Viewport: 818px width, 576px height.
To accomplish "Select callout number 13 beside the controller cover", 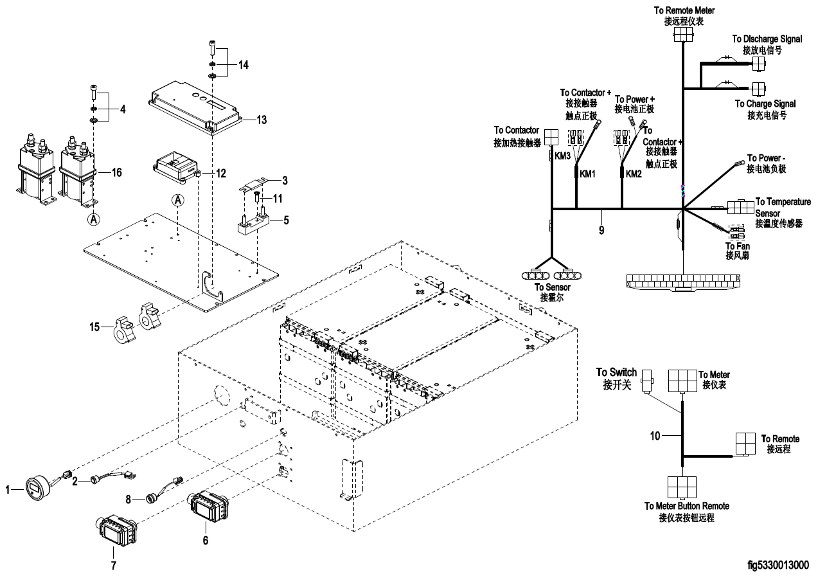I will tap(262, 120).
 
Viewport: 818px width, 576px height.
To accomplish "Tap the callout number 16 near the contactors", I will tap(116, 172).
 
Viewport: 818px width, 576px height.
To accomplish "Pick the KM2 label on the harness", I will tap(634, 174).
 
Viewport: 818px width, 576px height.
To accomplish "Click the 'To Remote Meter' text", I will tap(684, 10).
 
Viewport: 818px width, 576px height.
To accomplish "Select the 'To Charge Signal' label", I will tap(765, 104).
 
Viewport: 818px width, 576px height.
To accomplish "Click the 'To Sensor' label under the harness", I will tap(552, 287).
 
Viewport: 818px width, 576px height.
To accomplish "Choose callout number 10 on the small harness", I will tap(655, 436).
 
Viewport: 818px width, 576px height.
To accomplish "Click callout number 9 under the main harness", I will tap(601, 229).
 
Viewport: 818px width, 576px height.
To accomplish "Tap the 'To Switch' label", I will tap(616, 372).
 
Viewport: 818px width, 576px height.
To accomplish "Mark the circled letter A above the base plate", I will tap(178, 201).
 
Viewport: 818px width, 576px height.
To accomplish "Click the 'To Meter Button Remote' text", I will tap(686, 506).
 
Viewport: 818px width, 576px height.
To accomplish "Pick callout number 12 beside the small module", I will tap(220, 173).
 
